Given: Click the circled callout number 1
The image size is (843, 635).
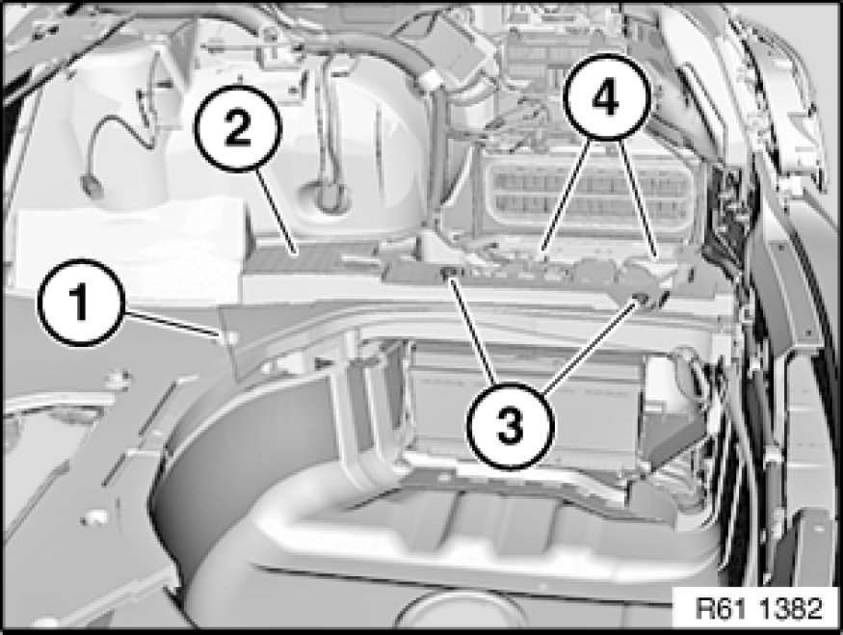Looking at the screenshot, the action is coord(81,303).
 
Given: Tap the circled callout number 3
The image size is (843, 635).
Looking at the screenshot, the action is coord(510,426).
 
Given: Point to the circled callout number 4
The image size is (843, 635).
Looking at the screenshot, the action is coord(606,96).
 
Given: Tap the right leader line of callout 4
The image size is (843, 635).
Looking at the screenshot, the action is coord(637,196).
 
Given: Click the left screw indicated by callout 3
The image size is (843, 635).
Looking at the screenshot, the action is coord(446,275).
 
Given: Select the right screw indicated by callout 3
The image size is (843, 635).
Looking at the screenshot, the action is coord(641,298).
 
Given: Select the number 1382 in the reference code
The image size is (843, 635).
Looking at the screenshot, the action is coord(790,609).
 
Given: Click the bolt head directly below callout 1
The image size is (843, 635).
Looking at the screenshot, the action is coord(118,379).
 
